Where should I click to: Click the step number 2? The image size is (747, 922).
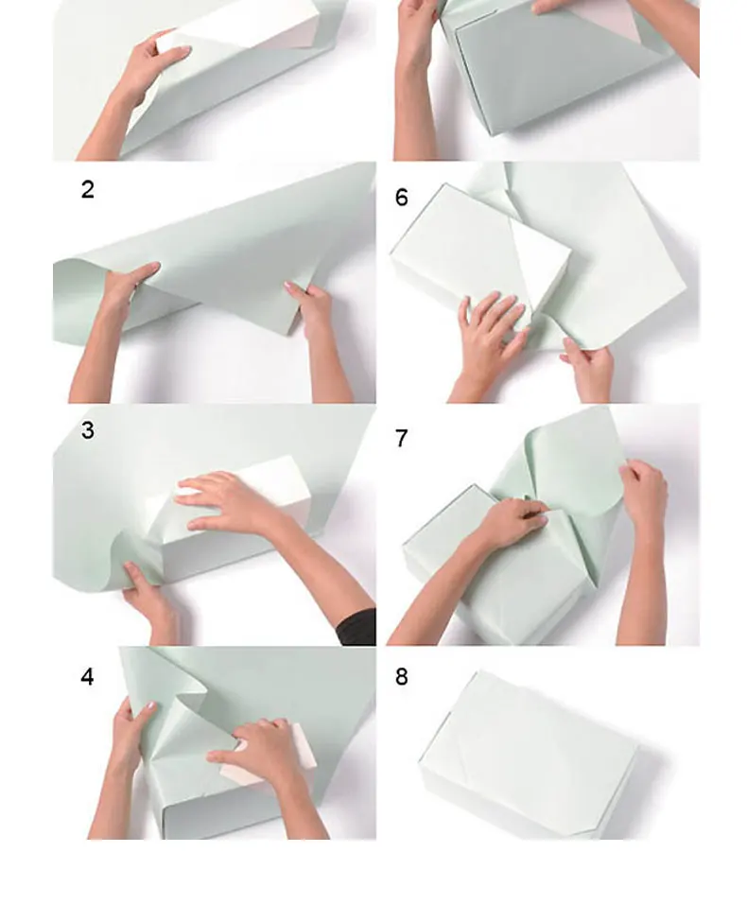click(87, 189)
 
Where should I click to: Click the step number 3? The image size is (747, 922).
click(88, 430)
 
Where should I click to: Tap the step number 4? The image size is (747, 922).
click(87, 677)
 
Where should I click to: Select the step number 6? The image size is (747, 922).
click(402, 198)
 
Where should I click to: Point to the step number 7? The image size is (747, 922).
click(402, 438)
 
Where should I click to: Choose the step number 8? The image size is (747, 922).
click(402, 677)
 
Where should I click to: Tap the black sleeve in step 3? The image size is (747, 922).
click(357, 627)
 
